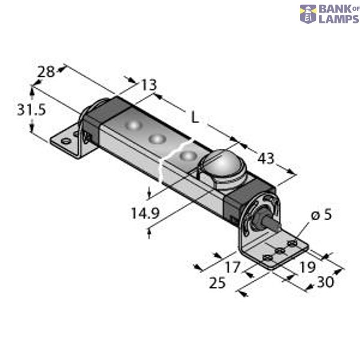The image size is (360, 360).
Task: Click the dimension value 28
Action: click(x=46, y=71)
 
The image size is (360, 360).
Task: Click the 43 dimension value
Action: click(x=265, y=159)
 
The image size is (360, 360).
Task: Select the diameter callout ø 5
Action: click(x=319, y=215)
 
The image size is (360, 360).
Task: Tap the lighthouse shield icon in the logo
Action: click(x=308, y=14)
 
